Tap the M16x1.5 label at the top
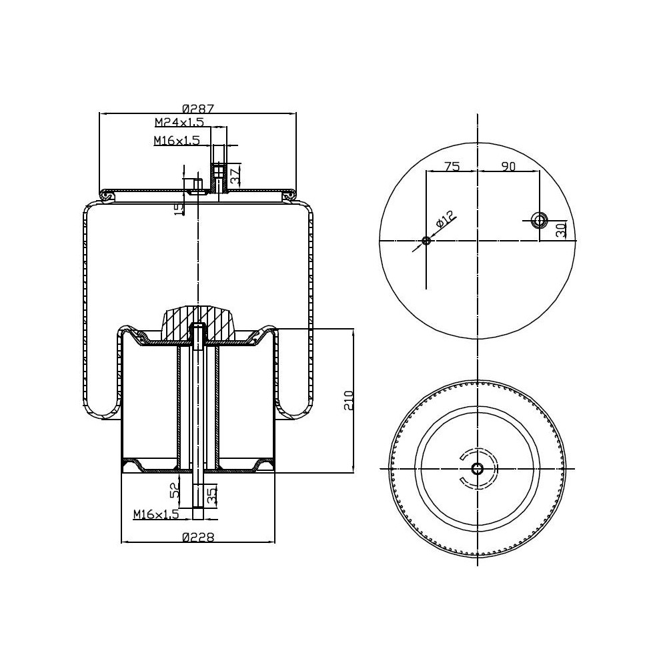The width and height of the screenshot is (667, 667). pyautogui.click(x=176, y=140)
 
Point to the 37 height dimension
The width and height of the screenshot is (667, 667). pyautogui.click(x=234, y=176)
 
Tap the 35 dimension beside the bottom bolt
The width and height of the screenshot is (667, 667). pyautogui.click(x=211, y=495)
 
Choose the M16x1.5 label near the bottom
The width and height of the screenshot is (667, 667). pyautogui.click(x=156, y=514)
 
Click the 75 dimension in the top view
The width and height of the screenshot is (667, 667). pyautogui.click(x=452, y=167)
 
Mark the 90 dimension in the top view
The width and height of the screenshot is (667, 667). pyautogui.click(x=508, y=167)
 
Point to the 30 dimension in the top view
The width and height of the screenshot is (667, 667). pyautogui.click(x=561, y=229)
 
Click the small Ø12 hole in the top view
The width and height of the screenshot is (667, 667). pyautogui.click(x=426, y=241)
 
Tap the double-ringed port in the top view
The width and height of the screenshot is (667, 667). pyautogui.click(x=538, y=219)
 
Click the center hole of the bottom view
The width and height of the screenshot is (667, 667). pyautogui.click(x=478, y=468)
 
